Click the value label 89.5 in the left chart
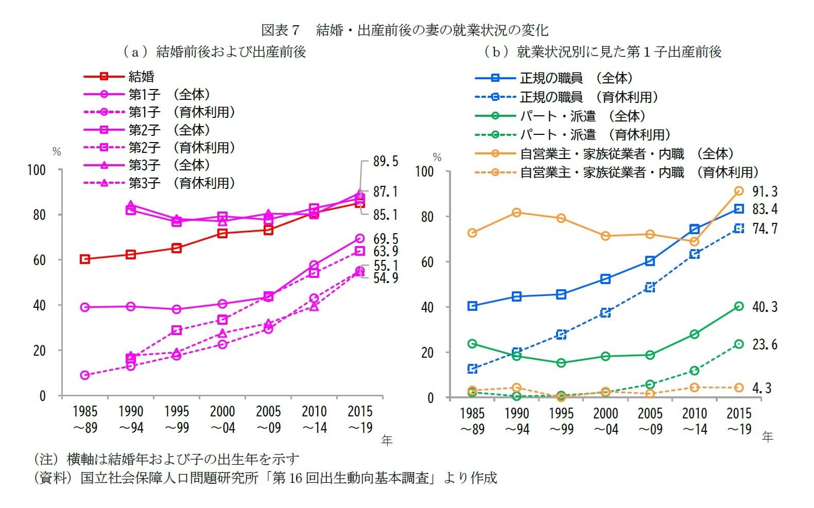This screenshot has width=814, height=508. click(x=385, y=161)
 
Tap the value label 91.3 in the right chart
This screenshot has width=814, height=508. click(x=765, y=191)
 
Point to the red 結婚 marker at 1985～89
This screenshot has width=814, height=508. click(x=85, y=259)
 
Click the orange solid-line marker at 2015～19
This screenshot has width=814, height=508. click(x=739, y=191)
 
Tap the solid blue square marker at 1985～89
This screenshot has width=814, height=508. click(x=472, y=306)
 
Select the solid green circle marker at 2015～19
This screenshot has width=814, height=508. click(x=739, y=306)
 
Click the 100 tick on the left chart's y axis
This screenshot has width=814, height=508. click(x=37, y=170)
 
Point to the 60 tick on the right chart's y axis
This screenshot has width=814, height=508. click(x=427, y=262)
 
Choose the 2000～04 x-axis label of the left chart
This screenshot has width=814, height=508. click(x=222, y=419)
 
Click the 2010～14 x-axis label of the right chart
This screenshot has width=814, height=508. click(x=695, y=421)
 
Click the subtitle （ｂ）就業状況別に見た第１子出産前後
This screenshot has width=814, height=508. click(x=602, y=52)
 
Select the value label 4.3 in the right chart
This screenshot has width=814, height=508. click(x=761, y=388)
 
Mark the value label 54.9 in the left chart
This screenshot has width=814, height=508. click(x=385, y=278)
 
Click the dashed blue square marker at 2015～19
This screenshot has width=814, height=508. click(x=739, y=229)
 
